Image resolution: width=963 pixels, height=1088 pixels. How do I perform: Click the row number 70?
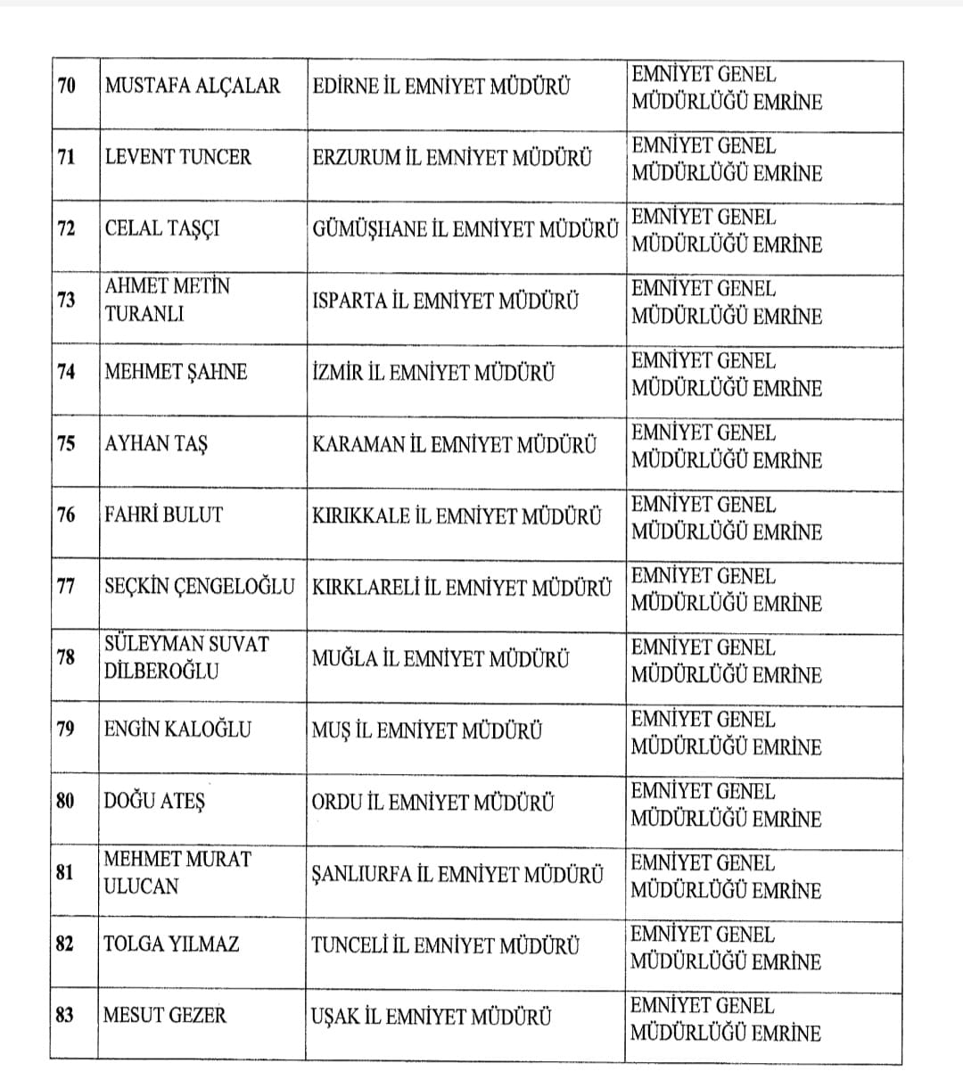(67, 87)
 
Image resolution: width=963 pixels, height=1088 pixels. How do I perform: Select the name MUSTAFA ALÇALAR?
(192, 87)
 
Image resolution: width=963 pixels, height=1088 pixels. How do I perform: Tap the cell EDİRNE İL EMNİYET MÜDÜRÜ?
(441, 87)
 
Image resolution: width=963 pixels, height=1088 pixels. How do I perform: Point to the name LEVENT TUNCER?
(178, 158)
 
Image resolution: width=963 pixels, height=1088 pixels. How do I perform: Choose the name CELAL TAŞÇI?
(162, 229)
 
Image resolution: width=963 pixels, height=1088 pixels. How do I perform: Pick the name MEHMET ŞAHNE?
(176, 373)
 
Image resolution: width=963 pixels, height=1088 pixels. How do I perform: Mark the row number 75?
(67, 444)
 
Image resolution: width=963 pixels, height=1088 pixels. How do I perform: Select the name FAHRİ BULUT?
(163, 515)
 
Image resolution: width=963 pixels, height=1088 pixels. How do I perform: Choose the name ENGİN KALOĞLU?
(177, 729)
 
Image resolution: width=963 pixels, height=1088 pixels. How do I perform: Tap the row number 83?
(65, 1015)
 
